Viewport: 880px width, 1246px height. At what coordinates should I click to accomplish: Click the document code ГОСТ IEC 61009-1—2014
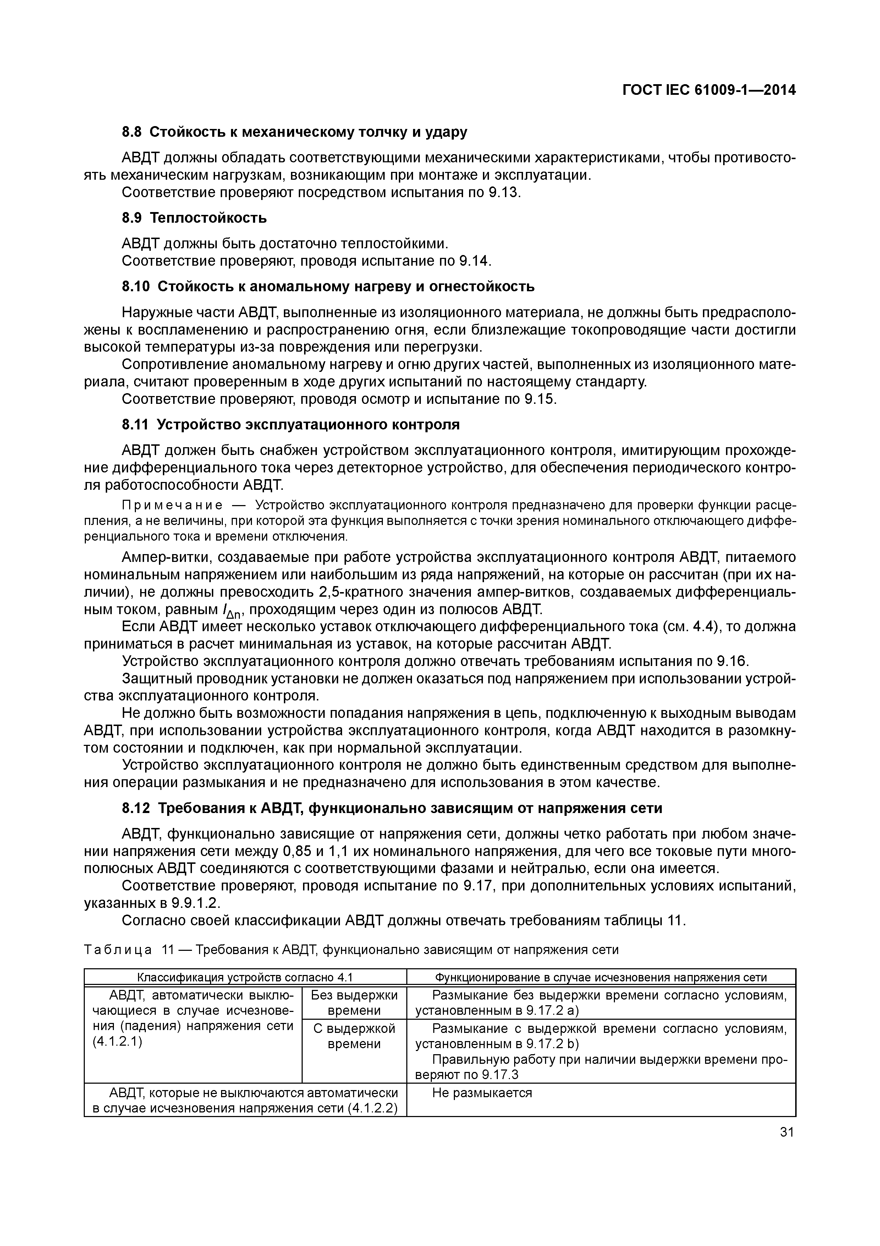709,90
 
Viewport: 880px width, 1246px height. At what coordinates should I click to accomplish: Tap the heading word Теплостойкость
208,218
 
